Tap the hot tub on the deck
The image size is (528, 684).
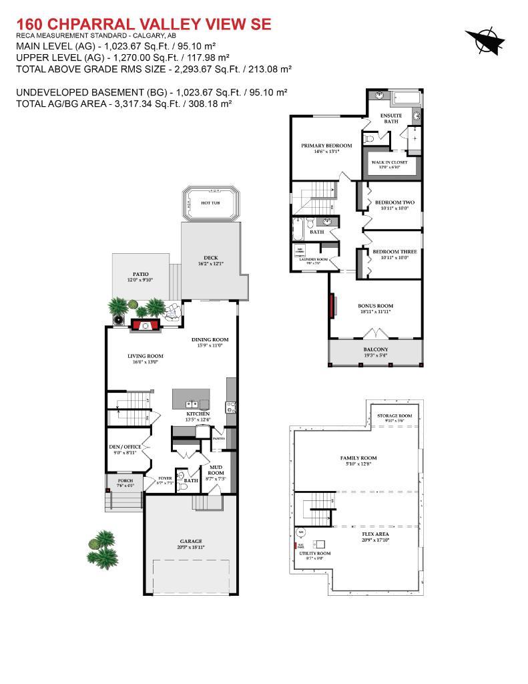click(x=210, y=203)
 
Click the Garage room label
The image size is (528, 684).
click(x=190, y=541)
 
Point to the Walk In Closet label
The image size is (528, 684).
click(x=389, y=162)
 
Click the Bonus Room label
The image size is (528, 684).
click(x=374, y=305)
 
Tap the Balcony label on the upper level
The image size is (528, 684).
click(x=375, y=349)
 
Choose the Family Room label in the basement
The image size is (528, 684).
click(x=358, y=458)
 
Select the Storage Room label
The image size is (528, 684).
click(x=394, y=415)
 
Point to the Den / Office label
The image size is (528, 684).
click(x=125, y=447)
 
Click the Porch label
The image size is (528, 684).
click(x=125, y=480)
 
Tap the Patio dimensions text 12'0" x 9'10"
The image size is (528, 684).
click(x=140, y=280)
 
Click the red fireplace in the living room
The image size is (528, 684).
click(x=145, y=325)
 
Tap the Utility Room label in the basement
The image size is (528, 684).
click(x=314, y=554)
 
